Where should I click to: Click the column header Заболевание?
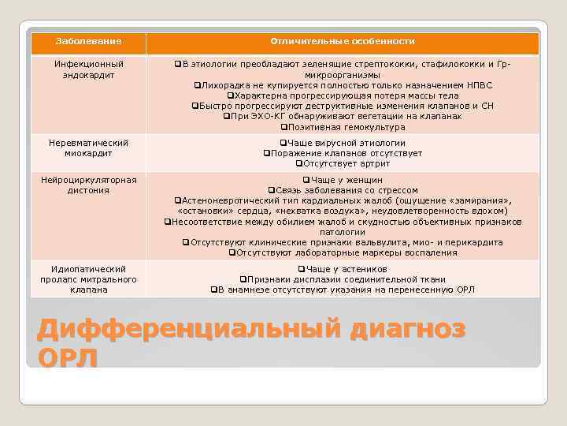89,41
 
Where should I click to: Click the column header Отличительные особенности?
343,41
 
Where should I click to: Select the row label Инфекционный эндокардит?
89,69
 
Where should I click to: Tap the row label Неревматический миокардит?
89,148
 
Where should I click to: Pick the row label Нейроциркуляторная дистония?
89,185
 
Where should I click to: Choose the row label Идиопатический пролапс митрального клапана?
89,279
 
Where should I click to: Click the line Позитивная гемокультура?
343,127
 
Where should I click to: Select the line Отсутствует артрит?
343,163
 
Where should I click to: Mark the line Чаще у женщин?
343,180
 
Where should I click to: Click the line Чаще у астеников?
343,269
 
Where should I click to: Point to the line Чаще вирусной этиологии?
343,143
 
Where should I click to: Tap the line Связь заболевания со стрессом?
343,190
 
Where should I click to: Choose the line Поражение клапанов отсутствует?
343,153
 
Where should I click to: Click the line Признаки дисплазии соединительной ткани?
343,279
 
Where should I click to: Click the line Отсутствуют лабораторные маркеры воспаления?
343,252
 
